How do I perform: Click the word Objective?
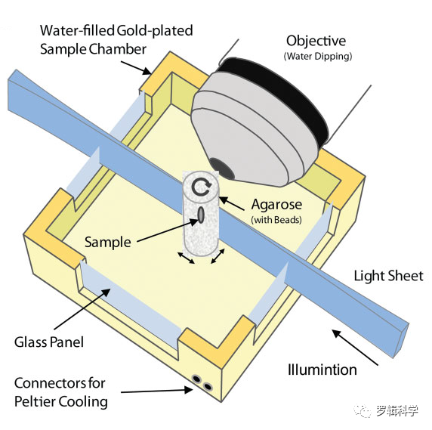tap(316, 42)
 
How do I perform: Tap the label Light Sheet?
tap(388, 276)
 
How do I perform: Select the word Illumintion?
tap(322, 370)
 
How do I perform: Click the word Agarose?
tap(276, 206)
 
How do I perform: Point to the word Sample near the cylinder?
tap(108, 243)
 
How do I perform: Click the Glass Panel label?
tap(49, 342)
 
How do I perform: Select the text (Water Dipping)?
tap(318, 57)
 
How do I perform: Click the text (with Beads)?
tap(276, 220)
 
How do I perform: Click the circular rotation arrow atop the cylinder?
tap(202, 187)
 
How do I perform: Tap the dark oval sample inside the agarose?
tap(201, 215)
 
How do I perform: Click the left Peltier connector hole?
tap(196, 379)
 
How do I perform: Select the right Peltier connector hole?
tap(208, 386)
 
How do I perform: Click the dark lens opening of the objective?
tap(222, 168)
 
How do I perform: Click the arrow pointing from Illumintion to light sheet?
tap(355, 348)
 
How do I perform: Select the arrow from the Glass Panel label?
tap(82, 309)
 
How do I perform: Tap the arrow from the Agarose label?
tap(231, 203)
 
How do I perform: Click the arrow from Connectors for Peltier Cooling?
tap(157, 391)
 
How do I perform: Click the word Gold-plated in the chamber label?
tap(154, 30)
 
